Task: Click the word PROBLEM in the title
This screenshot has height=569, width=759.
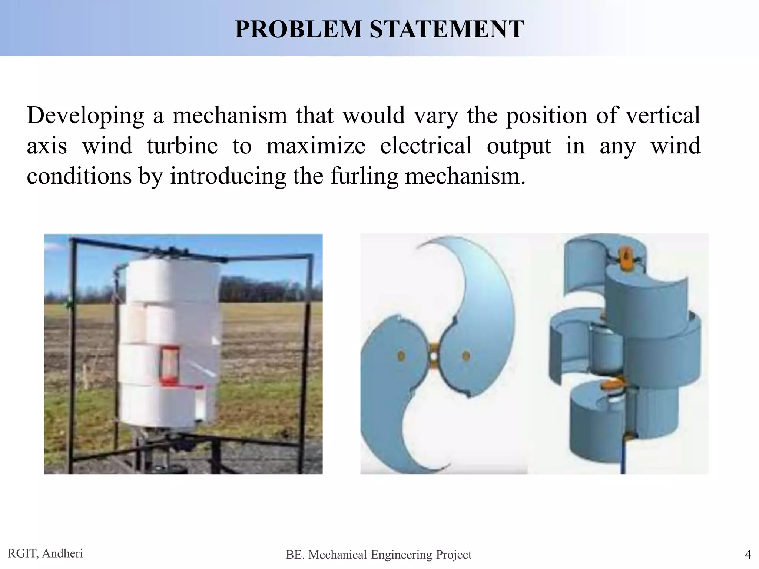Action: coord(298,29)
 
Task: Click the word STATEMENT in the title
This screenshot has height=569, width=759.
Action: coord(447,29)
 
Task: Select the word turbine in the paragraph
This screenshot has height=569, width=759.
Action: coord(182,146)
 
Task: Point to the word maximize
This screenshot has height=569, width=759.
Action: coord(315,146)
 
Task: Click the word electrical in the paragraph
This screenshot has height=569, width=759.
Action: coord(426,146)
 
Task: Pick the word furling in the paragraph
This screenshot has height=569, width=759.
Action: coord(364,176)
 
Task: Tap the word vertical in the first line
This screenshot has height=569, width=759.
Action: coord(663,115)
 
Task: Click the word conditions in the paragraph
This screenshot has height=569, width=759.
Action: coord(79,176)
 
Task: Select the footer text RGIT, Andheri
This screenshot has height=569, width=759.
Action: coord(45,553)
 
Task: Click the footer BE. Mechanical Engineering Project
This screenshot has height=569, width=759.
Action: coord(378,555)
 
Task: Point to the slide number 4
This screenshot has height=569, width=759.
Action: coord(748,555)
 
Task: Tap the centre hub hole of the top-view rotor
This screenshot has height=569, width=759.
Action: coord(433,356)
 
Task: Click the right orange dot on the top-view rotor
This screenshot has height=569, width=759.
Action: coord(466,356)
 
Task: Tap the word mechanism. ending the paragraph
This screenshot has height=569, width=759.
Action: coord(465,176)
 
